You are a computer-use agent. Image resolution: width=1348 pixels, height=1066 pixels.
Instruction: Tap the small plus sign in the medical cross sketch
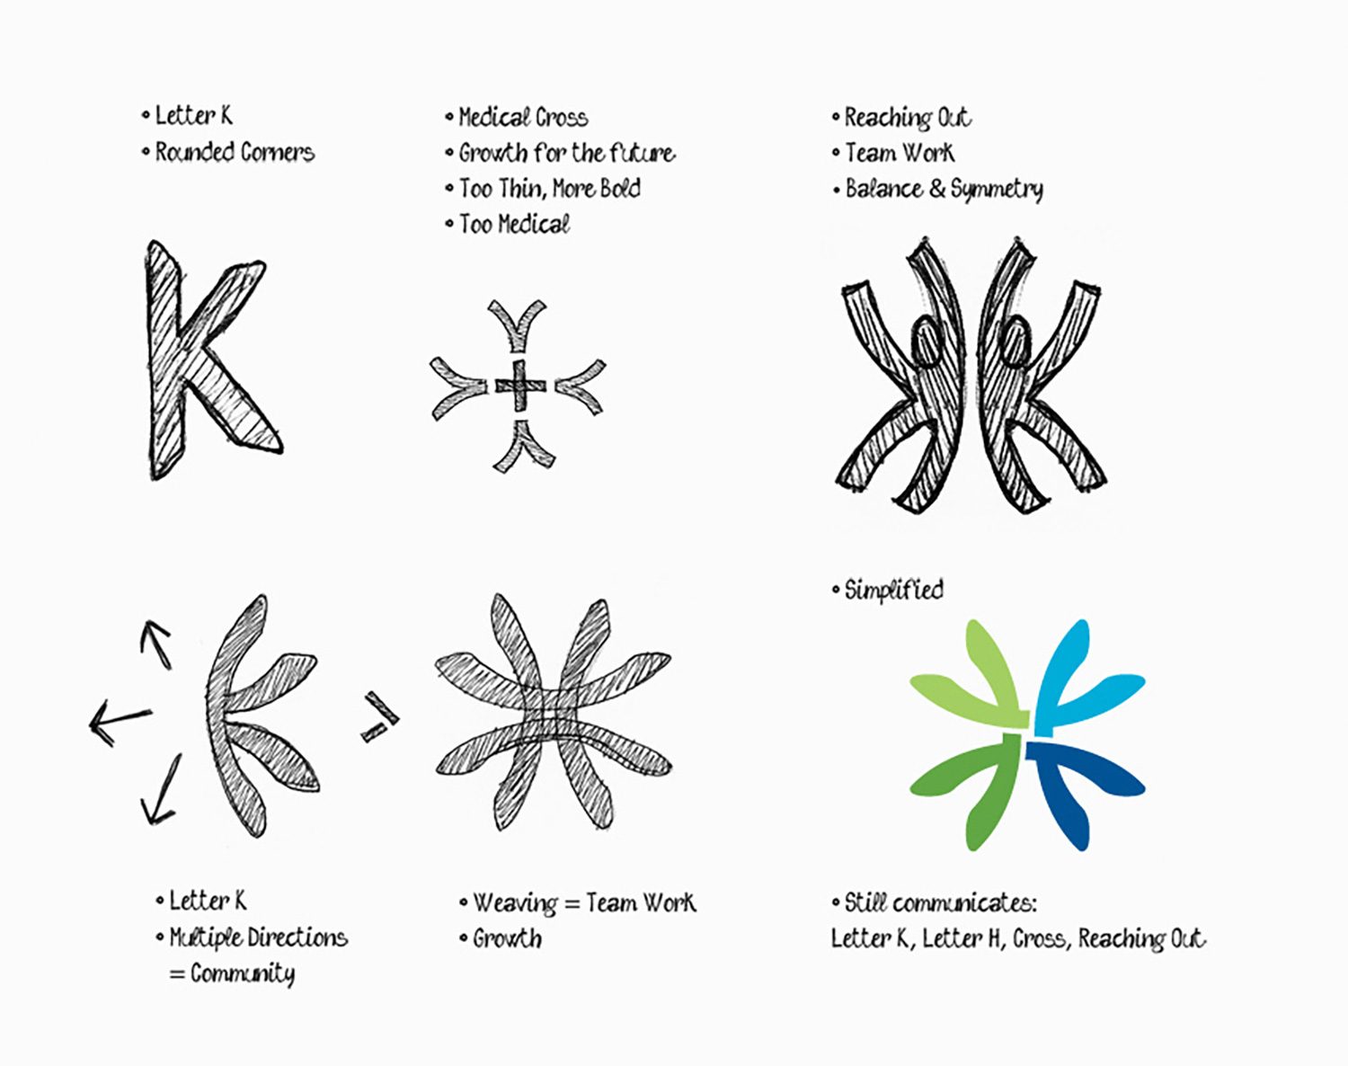coord(520,386)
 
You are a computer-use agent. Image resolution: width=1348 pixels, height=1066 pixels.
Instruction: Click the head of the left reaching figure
coord(925,340)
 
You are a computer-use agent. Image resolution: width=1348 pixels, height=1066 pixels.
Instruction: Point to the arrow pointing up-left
coord(155,644)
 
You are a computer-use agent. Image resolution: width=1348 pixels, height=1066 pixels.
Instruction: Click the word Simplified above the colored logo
coord(894,591)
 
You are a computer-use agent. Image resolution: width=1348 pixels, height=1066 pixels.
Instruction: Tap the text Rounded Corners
coord(235,152)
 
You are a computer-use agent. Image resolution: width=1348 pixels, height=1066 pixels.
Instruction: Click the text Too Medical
coord(515,225)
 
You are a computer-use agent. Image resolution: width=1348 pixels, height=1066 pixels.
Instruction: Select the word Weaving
coord(515,903)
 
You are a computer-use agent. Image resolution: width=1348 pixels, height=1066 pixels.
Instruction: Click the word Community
coord(243,974)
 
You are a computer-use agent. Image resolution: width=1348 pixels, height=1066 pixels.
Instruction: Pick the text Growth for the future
coord(568,153)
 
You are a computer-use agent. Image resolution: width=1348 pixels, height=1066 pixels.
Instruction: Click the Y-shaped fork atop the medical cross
coord(518,327)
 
